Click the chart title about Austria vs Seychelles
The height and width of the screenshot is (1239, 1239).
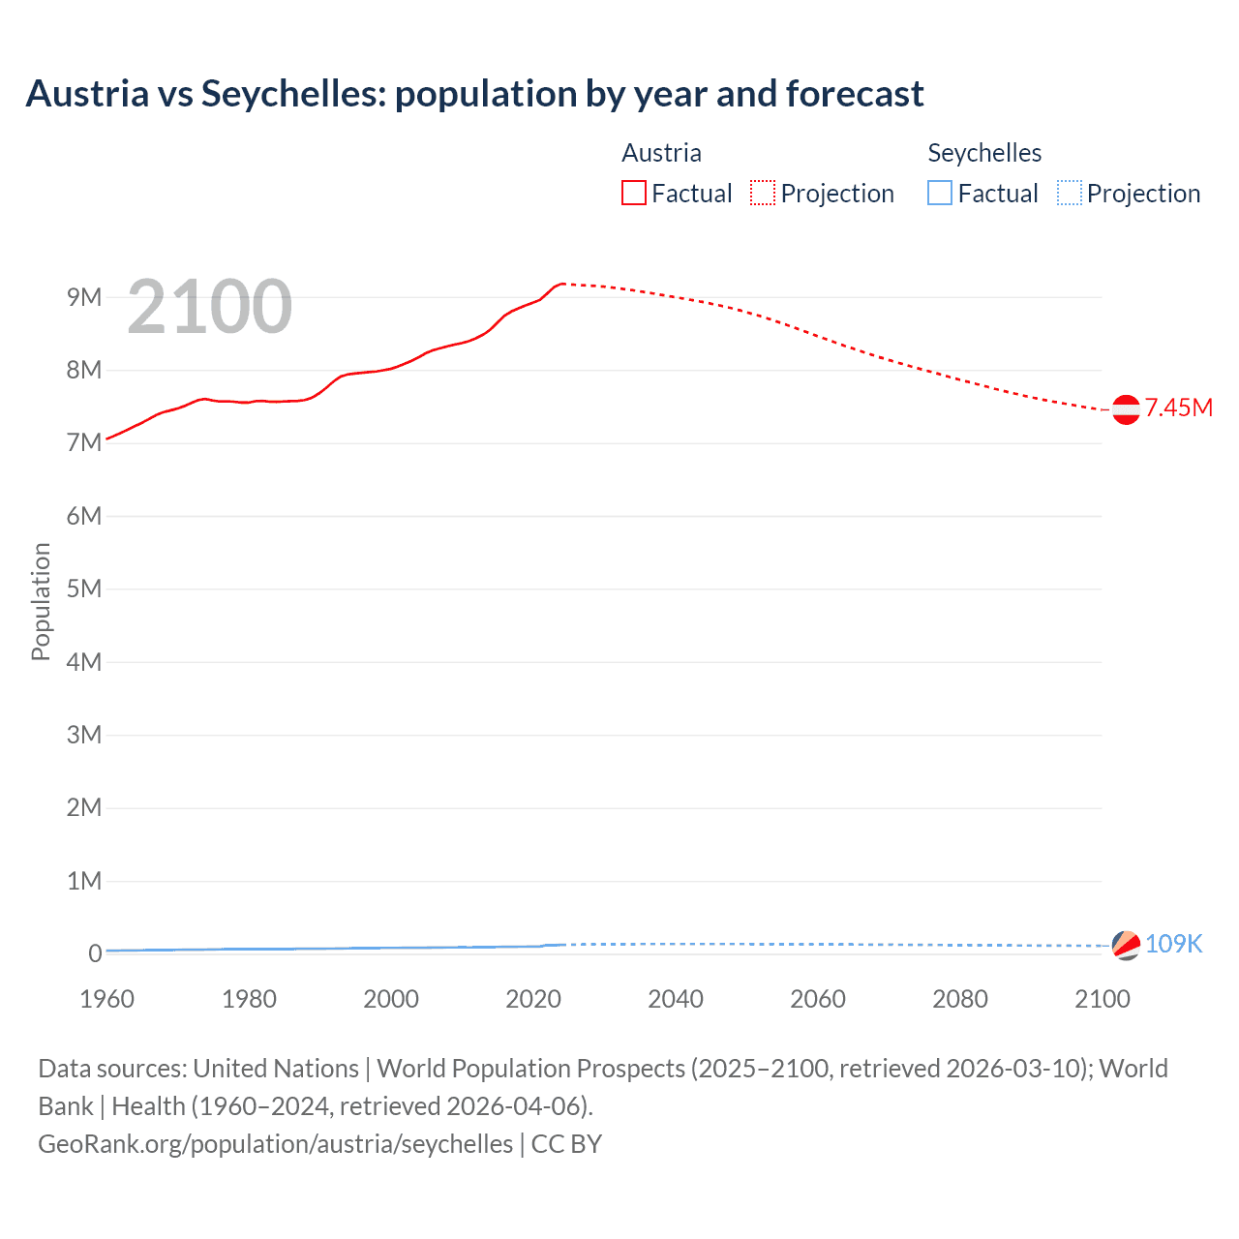474,94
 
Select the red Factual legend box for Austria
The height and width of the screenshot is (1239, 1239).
634,194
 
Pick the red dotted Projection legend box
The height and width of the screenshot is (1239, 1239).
763,194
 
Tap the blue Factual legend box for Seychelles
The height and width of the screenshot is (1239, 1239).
940,194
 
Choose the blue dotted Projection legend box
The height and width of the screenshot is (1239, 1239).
1070,194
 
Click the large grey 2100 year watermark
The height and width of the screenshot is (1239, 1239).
209,307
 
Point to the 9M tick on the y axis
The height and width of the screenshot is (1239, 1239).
84,297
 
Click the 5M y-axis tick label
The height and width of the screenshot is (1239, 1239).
84,589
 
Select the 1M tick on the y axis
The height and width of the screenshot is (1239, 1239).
84,881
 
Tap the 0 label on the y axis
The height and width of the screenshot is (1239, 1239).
95,954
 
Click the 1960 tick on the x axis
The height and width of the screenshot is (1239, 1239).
106,999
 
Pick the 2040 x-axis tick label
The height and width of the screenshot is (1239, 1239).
676,999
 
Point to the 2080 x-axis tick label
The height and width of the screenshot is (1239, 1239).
960,999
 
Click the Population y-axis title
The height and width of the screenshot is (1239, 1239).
41,601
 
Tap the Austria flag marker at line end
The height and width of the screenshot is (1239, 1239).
1126,409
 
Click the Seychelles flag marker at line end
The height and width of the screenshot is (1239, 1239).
1126,945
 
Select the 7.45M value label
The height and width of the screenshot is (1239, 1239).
1179,408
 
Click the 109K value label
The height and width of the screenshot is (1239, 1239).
1173,944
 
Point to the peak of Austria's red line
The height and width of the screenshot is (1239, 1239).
563,284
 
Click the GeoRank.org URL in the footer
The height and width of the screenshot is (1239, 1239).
276,1144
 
